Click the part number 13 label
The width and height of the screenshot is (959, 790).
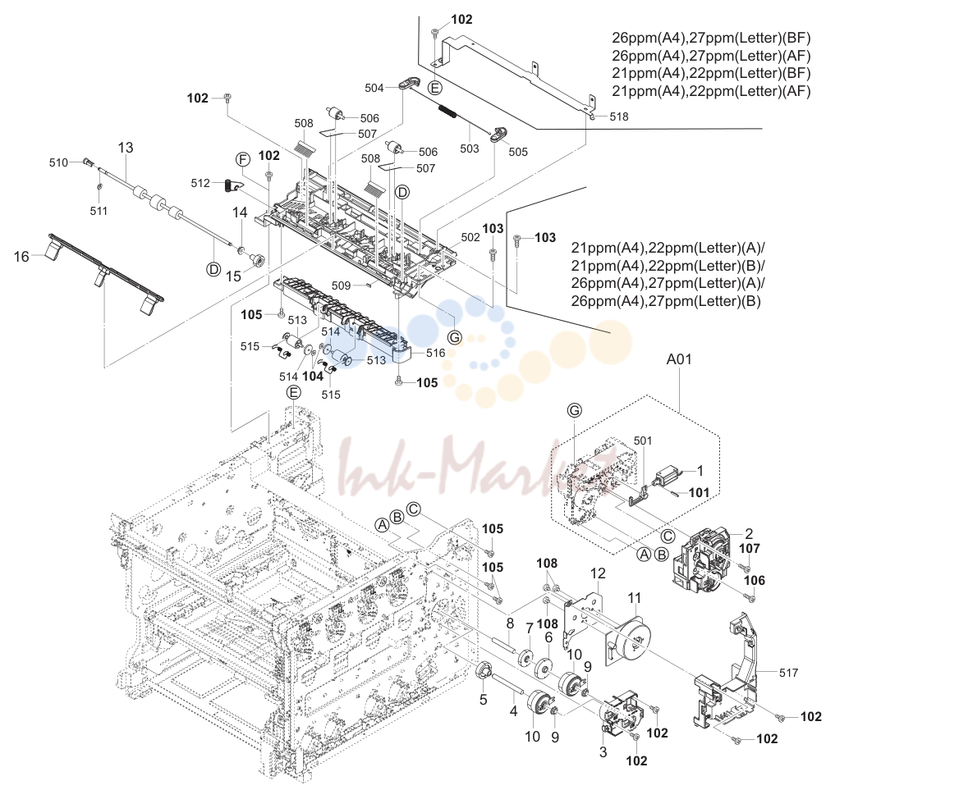click(126, 148)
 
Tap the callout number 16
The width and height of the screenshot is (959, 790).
click(21, 257)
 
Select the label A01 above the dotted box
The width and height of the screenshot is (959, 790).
click(679, 359)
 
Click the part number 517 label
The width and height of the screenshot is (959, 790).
click(788, 673)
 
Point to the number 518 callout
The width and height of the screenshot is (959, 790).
click(619, 116)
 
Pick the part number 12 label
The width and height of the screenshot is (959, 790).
click(598, 573)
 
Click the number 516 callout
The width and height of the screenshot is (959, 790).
click(435, 353)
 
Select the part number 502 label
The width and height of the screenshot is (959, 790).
click(470, 237)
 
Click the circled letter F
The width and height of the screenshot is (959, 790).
click(243, 160)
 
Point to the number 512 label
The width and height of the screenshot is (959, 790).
click(200, 183)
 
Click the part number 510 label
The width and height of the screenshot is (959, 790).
click(59, 162)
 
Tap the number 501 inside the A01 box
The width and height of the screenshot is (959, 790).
click(643, 441)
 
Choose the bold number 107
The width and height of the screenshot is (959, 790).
click(749, 548)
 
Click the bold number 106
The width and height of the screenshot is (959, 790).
click(754, 581)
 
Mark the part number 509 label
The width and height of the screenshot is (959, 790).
click(341, 285)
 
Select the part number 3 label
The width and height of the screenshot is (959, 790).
click(603, 751)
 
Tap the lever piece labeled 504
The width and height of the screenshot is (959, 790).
click(411, 84)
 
